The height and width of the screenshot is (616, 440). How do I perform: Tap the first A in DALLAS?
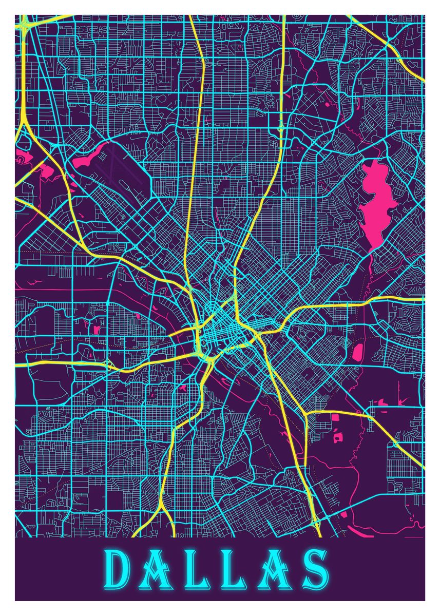pos(160,570)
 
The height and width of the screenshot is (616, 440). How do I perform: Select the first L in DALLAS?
pos(201,570)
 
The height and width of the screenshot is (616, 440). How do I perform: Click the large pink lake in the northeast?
pos(378,200)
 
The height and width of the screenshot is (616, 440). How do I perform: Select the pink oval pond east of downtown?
pos(358,352)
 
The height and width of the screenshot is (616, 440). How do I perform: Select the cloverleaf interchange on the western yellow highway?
pos(110,365)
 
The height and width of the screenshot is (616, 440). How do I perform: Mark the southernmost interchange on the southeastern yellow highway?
pos(316,524)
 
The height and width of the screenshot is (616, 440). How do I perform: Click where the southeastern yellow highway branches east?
pos(306,414)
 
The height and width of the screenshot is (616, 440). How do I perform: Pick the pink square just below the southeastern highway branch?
pos(336,417)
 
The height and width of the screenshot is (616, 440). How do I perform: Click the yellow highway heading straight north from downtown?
pos(198,154)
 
